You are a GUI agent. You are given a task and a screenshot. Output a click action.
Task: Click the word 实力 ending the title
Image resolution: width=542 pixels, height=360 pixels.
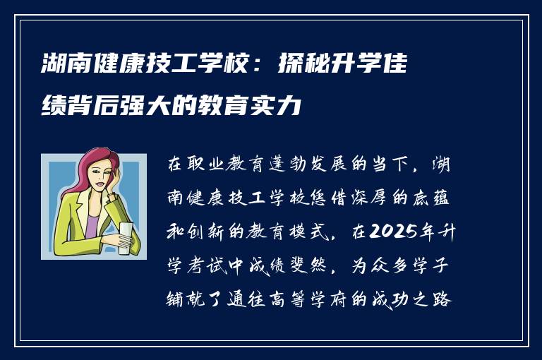coord(282,107)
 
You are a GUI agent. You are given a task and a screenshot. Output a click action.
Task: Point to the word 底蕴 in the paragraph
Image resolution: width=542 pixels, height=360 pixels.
coord(447,198)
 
